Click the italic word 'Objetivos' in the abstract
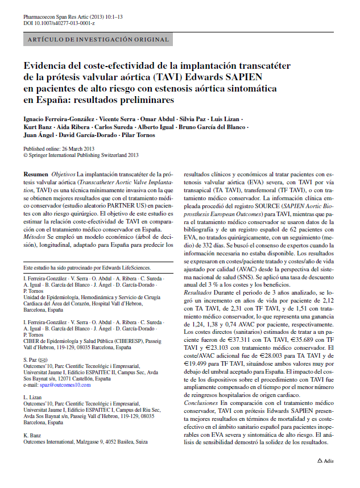(63, 173)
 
